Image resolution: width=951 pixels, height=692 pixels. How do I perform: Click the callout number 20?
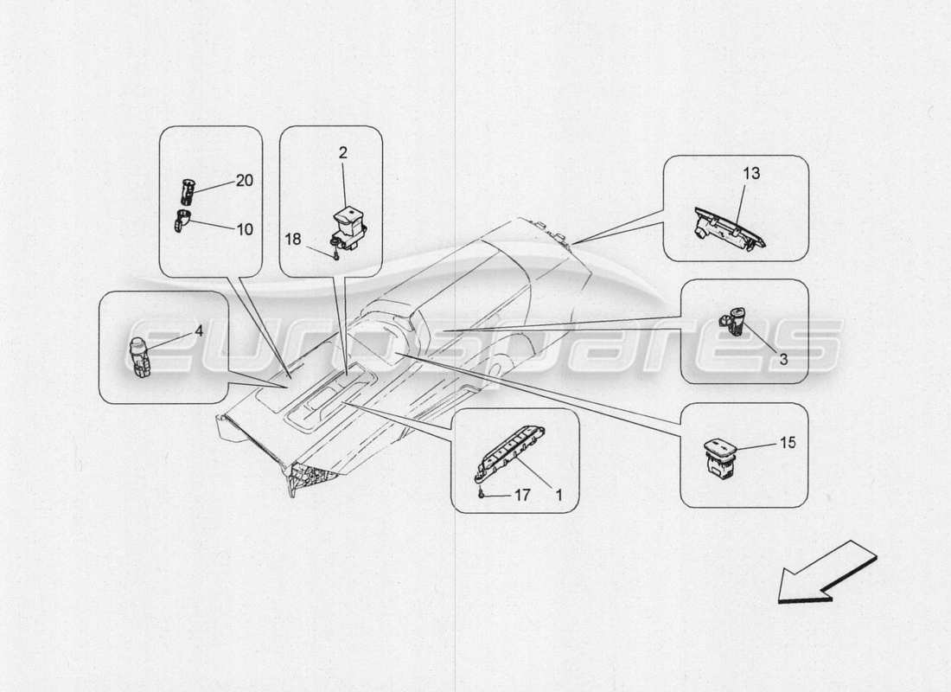coord(245,180)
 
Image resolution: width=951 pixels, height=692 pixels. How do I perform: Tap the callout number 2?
coord(342,153)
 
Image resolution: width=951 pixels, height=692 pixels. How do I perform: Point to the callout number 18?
coord(294,239)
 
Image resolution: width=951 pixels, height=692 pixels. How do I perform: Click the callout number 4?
coord(198,330)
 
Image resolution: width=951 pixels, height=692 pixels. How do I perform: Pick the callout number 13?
coord(750,174)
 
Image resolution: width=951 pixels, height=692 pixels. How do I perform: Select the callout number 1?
coord(558,496)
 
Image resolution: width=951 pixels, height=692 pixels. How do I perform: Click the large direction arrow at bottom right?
coord(826,573)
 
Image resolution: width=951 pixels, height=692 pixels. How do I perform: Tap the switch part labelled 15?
coord(722,455)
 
